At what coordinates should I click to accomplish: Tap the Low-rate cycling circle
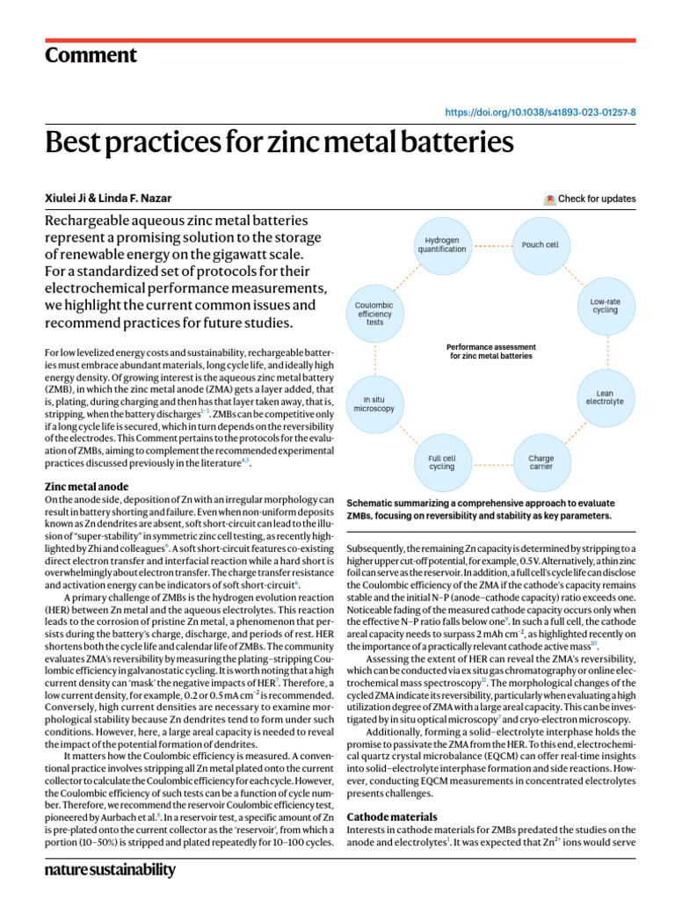click(605, 305)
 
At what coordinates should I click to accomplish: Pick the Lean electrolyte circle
click(605, 398)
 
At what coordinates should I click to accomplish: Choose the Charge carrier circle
click(541, 461)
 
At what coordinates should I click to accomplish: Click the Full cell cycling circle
click(441, 461)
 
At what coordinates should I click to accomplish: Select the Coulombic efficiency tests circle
click(374, 314)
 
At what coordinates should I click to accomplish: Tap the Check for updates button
click(590, 199)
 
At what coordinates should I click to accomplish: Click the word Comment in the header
click(91, 55)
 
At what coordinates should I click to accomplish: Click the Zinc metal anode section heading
click(86, 486)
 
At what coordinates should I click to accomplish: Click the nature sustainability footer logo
click(109, 870)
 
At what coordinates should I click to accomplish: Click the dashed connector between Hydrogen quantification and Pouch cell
click(494, 245)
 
